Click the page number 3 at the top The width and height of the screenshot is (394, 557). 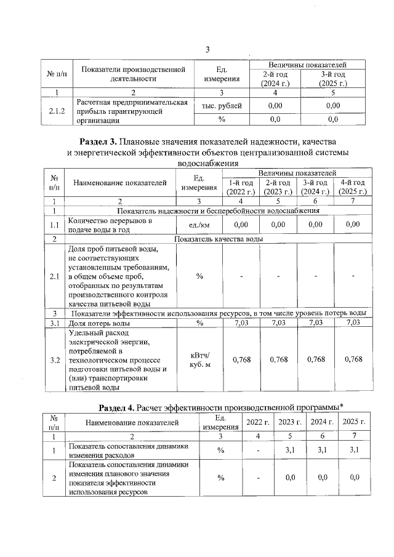click(207, 50)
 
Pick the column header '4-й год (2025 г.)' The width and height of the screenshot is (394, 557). click(353, 187)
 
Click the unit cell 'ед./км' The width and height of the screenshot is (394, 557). click(199, 225)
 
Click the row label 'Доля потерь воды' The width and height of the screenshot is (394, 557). click(98, 323)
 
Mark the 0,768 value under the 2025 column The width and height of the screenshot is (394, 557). click(353, 360)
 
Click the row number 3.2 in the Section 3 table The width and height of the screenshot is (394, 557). click(54, 360)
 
